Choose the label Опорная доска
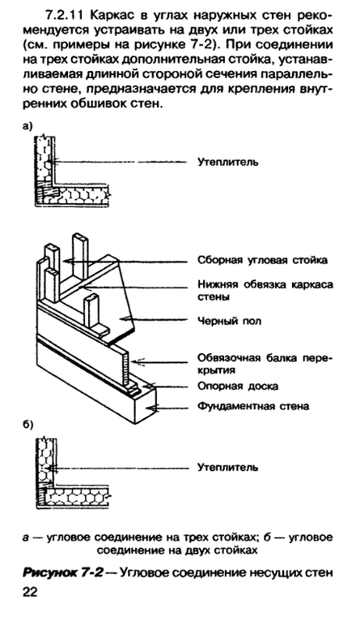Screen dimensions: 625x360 click(234, 386)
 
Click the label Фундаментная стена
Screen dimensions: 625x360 click(251, 406)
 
